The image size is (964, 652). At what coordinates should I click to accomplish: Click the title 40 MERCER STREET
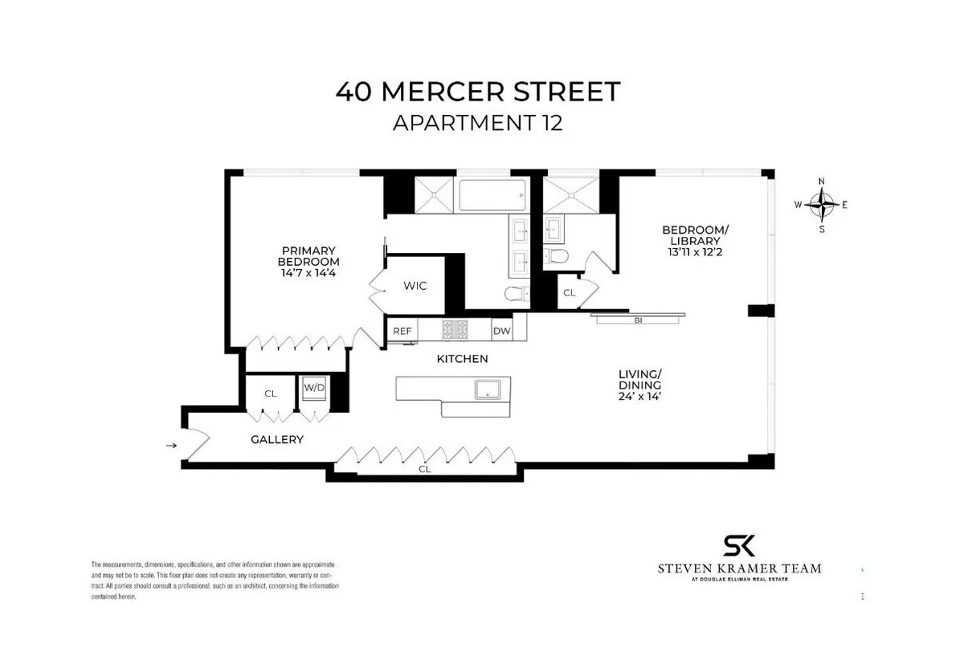click(478, 92)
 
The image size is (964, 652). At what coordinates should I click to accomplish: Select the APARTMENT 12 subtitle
click(478, 124)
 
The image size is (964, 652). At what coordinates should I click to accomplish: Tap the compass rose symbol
click(821, 205)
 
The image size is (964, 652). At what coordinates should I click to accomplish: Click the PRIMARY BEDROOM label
click(308, 256)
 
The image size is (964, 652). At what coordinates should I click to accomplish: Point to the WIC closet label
click(415, 286)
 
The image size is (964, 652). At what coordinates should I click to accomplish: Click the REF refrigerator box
click(402, 330)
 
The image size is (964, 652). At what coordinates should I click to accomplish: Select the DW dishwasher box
click(501, 330)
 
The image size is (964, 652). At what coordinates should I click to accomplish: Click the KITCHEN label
click(462, 359)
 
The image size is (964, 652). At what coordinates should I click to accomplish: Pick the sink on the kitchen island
click(486, 389)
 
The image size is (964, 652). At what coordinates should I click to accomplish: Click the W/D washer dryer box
click(313, 389)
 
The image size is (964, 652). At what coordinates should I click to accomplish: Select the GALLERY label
click(277, 439)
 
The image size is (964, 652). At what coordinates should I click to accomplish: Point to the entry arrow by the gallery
click(170, 444)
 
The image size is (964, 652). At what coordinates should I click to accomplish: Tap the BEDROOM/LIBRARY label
click(695, 236)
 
